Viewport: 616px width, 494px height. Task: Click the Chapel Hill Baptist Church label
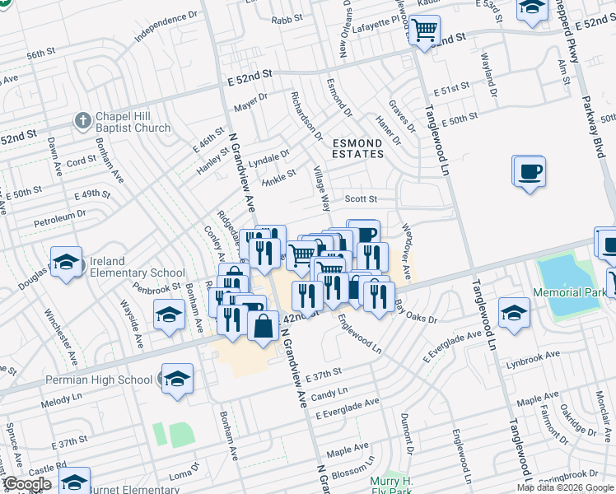(x=133, y=122)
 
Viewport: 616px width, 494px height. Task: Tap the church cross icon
(x=82, y=121)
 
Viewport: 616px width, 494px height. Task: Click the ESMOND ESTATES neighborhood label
(x=357, y=148)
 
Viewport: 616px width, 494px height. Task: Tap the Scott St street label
(x=361, y=198)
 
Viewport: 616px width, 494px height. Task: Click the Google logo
(x=27, y=484)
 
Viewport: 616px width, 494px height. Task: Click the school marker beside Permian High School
(x=177, y=379)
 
